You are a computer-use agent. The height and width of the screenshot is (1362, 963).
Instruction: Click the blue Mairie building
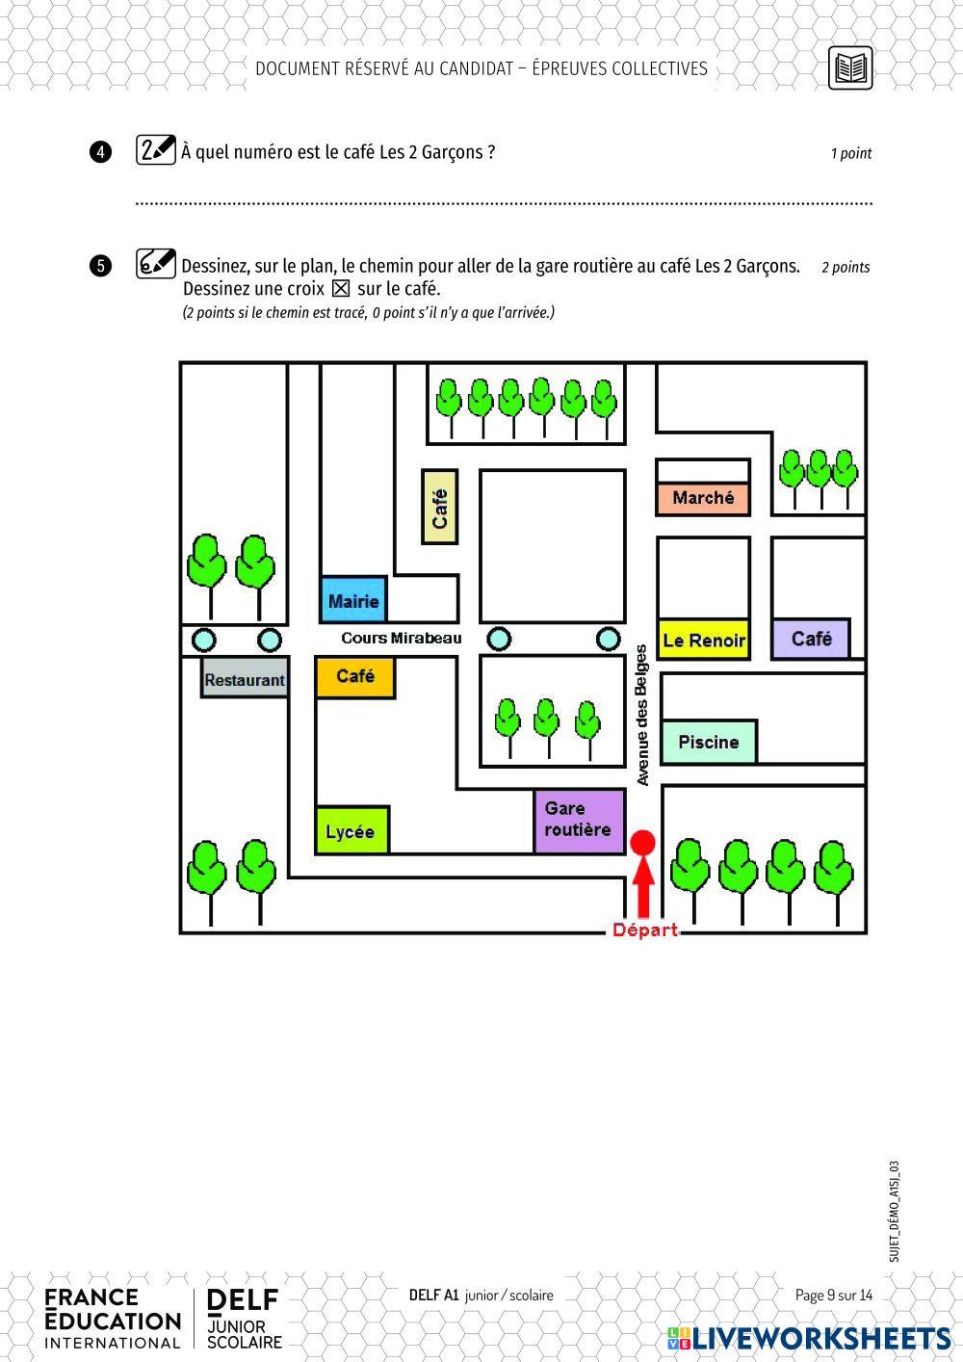[x=353, y=599]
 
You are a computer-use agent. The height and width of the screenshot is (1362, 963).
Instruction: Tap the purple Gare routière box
[x=580, y=822]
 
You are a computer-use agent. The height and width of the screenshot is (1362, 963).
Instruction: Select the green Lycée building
[x=352, y=830]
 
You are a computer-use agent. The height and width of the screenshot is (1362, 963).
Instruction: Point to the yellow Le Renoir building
[x=703, y=640]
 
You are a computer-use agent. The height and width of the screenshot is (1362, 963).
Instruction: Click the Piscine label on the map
[x=709, y=742]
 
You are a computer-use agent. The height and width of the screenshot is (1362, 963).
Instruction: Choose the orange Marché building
[x=703, y=499]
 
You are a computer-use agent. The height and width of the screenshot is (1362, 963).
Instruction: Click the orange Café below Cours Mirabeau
[x=355, y=677]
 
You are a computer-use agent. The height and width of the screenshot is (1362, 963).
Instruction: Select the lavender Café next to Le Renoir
[x=811, y=639]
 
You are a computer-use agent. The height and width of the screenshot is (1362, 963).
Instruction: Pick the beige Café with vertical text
[x=439, y=507]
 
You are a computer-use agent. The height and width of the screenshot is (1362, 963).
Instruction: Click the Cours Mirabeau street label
[x=402, y=638]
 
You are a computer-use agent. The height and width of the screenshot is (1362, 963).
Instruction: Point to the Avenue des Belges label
[x=641, y=715]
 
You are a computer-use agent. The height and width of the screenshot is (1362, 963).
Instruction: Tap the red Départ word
[x=645, y=930]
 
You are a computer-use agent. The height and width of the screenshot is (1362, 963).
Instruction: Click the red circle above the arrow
[x=642, y=843]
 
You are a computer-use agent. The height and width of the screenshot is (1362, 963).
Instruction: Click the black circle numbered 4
[x=100, y=151]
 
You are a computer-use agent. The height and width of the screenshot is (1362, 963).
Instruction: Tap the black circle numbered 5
[x=100, y=266]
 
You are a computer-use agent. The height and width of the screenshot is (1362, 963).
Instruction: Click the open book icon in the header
[x=850, y=67]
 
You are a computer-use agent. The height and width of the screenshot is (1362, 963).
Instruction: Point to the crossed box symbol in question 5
[x=341, y=288]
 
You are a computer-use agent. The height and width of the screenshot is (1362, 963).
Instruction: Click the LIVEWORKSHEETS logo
[x=809, y=1338]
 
